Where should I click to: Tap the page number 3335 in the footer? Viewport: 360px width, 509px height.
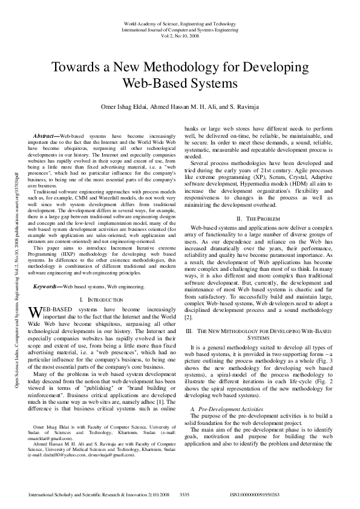point(185,494)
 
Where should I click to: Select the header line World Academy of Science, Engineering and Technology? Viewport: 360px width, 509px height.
point(180,22)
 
